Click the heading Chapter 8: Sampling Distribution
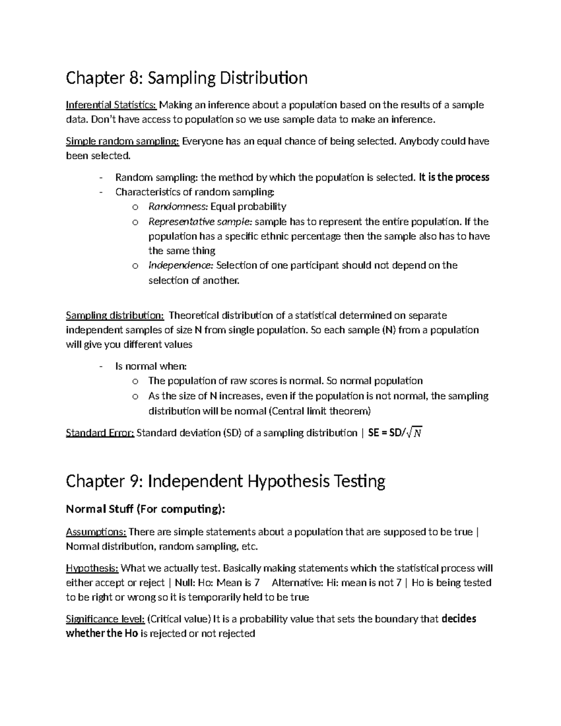click(187, 78)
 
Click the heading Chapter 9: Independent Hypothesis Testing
click(225, 481)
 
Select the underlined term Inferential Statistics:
click(111, 105)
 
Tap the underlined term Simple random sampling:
click(122, 141)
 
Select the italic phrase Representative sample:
click(200, 222)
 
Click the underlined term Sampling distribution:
click(115, 316)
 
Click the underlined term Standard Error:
click(100, 433)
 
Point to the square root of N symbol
click(414, 433)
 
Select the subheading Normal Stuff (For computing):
click(145, 509)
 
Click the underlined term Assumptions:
click(96, 532)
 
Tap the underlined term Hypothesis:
click(92, 568)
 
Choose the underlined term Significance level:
click(105, 619)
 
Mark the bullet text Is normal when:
click(151, 367)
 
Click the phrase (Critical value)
click(179, 619)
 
